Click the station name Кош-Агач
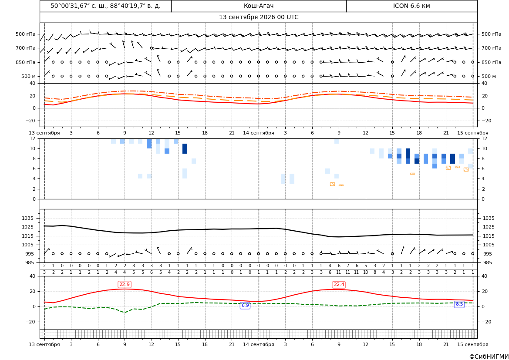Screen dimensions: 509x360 (259, 6)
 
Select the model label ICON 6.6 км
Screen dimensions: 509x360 (411, 6)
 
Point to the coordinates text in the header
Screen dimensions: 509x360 (105, 6)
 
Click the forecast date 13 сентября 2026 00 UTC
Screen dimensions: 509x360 (259, 17)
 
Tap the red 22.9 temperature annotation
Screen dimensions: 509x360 (125, 284)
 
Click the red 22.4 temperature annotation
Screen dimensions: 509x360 (339, 284)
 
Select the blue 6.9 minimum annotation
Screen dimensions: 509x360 (245, 305)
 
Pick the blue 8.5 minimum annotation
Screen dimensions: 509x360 (459, 304)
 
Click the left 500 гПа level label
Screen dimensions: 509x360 (25, 34)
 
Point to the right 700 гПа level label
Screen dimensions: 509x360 (491, 48)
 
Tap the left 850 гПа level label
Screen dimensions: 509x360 (25, 62)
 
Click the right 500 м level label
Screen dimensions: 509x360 (489, 76)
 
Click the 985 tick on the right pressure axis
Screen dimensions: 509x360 (487, 262)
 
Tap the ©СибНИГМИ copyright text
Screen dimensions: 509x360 (489, 357)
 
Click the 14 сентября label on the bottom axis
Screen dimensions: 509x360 (259, 344)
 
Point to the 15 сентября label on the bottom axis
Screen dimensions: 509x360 (473, 344)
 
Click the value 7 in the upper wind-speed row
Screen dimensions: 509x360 (347, 266)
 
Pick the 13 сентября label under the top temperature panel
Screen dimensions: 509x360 (44, 133)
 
